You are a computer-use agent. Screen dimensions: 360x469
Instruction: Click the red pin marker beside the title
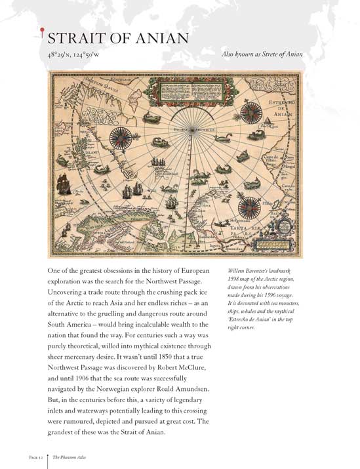coord(43,29)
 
